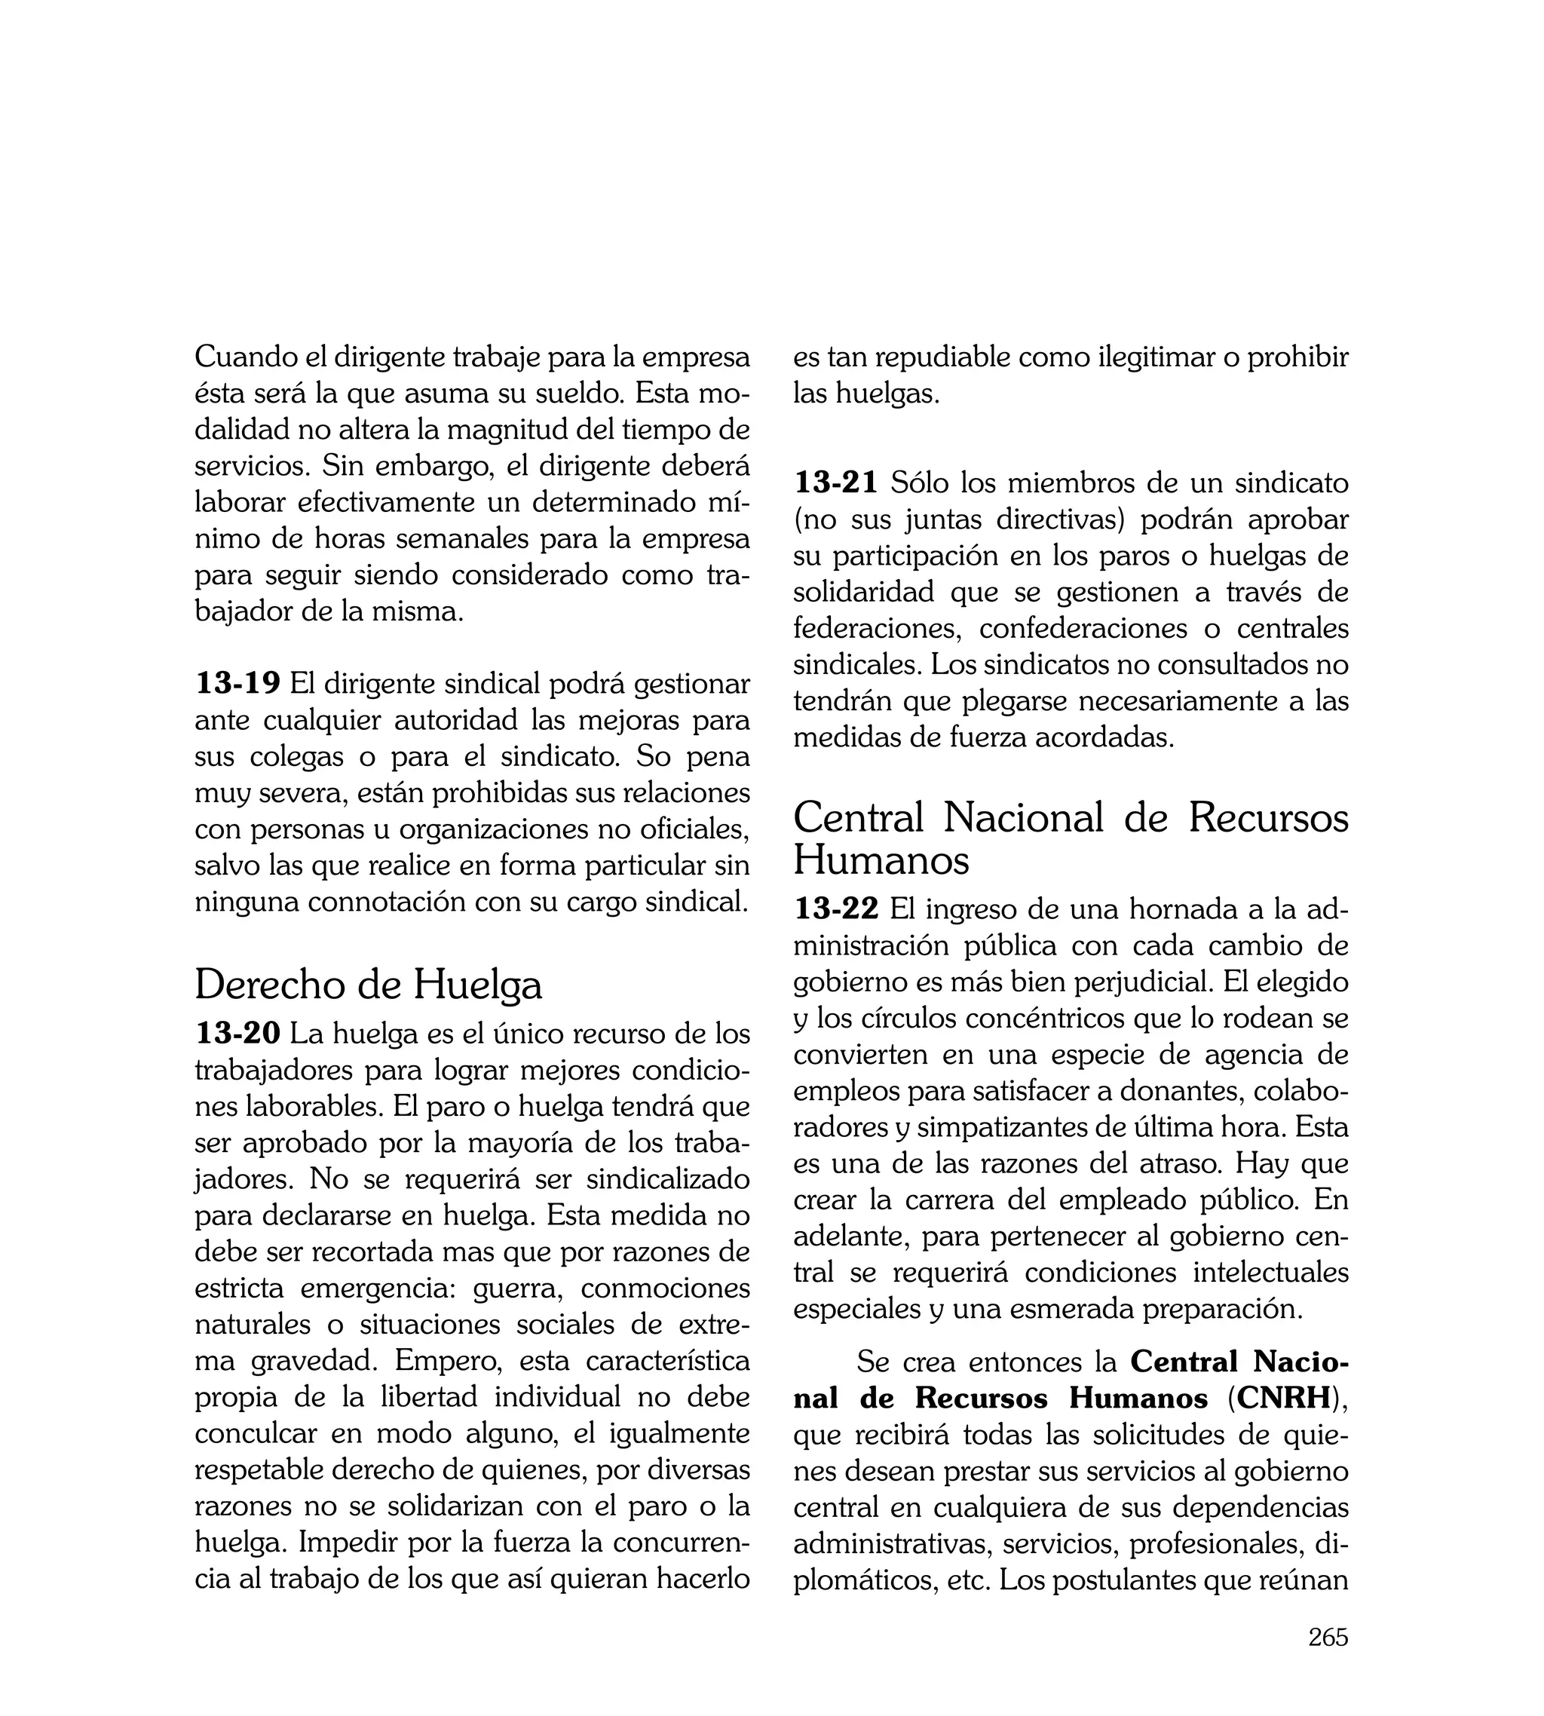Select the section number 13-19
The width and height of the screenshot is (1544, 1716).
[237, 683]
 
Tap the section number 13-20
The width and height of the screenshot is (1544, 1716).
[237, 1033]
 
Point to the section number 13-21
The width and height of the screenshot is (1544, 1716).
[835, 483]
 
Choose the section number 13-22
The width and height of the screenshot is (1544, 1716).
[835, 909]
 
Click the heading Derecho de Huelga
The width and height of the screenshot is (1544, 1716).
[368, 985]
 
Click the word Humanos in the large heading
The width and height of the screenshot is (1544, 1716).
[881, 860]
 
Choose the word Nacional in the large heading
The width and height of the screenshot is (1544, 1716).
[1022, 818]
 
